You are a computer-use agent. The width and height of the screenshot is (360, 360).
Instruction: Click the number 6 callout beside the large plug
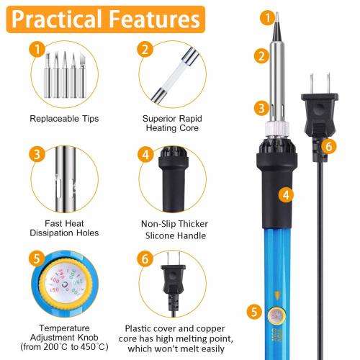[x=329, y=147]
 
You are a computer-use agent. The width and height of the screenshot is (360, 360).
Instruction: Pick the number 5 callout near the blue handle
[x=253, y=312]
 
